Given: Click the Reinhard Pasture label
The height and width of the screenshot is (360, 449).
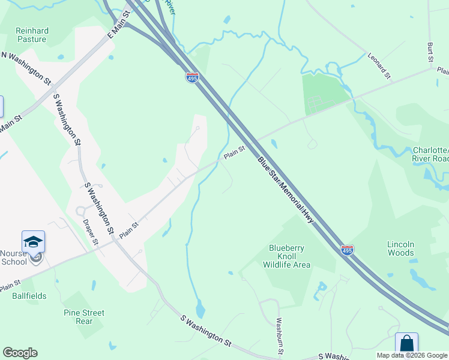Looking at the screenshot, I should (31, 35).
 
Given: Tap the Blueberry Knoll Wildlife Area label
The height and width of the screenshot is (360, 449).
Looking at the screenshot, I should (289, 256).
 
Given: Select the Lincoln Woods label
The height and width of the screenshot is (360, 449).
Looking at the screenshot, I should (401, 248).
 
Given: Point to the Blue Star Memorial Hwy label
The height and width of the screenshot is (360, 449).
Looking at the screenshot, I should (287, 190).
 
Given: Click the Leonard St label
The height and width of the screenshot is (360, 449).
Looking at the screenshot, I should (379, 65).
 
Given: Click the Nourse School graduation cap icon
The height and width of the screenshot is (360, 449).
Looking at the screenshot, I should (34, 241).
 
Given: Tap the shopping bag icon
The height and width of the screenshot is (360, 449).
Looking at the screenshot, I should (406, 343).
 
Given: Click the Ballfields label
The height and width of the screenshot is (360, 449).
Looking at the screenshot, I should (29, 296).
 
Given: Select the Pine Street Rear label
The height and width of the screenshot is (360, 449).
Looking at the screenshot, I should (84, 317).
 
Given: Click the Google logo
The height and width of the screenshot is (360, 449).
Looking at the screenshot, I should (20, 353).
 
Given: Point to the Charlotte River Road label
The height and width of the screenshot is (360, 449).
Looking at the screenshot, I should (430, 154).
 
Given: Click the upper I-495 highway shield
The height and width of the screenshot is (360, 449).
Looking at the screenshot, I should (192, 78).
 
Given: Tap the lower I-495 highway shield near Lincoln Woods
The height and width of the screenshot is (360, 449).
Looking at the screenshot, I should (347, 249).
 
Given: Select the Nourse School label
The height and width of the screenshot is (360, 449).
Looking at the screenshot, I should (14, 257).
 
